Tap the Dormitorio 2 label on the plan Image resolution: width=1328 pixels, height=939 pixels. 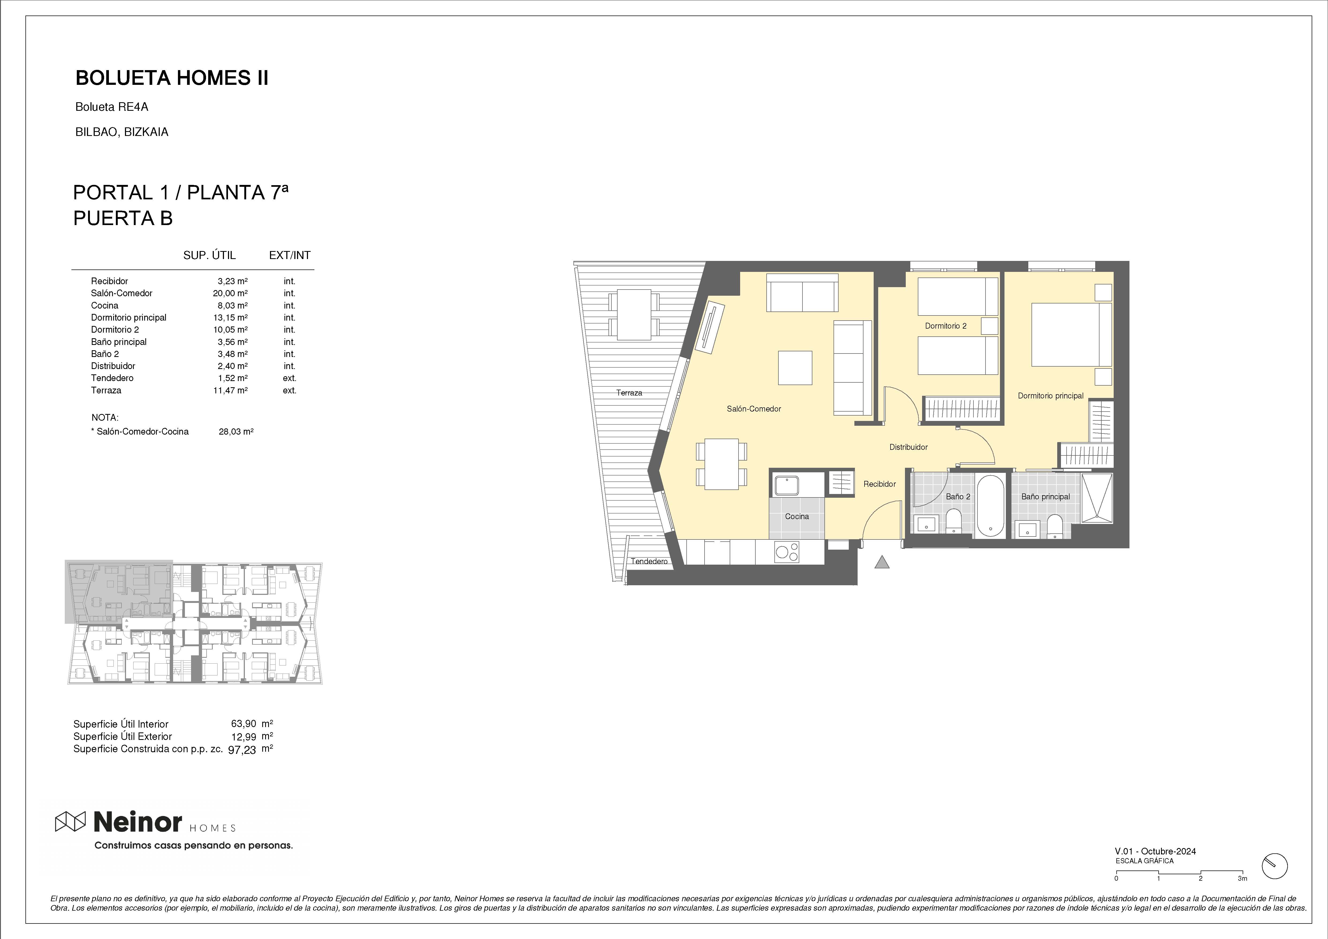pos(946,326)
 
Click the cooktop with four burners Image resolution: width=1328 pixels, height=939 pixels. pos(787,552)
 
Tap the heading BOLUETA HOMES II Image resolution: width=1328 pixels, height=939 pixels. pos(172,78)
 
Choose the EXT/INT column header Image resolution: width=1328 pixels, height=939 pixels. pos(290,255)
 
